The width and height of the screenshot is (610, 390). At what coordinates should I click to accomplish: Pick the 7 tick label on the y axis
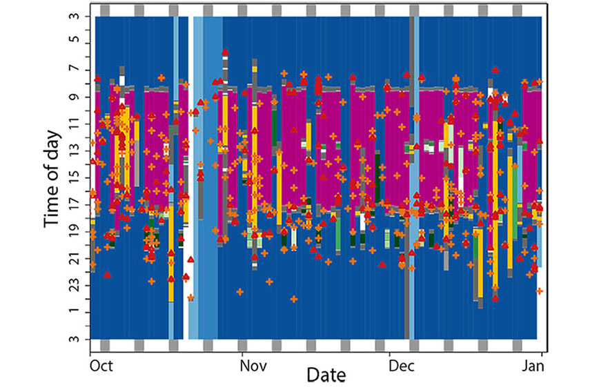coord(75,69)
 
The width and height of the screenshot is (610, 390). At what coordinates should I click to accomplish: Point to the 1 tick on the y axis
coord(75,312)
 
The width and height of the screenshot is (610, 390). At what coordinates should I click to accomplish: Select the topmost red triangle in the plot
coord(225,52)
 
